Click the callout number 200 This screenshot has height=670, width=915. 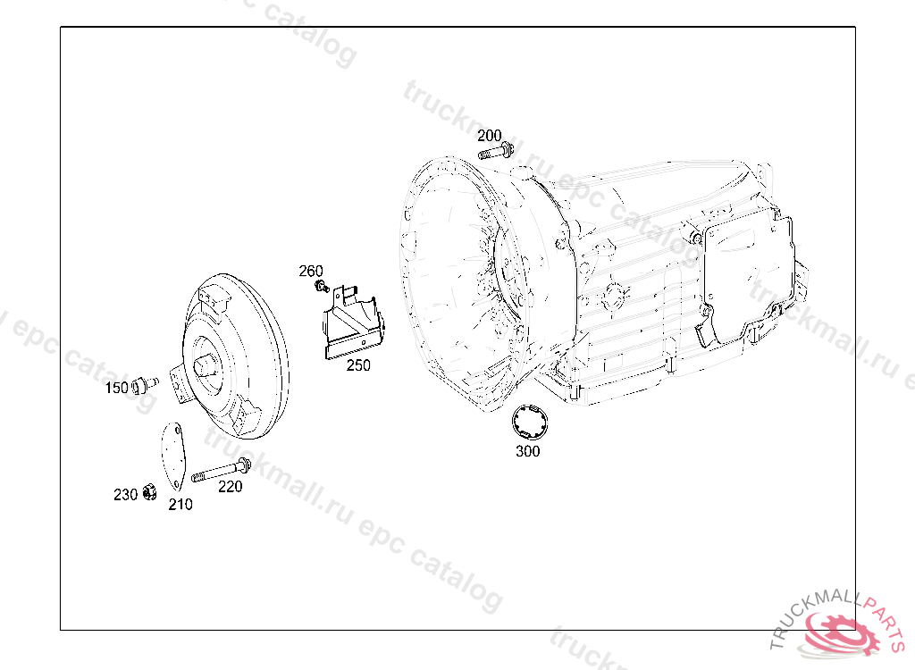[489, 136]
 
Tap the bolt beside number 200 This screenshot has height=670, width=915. [495, 152]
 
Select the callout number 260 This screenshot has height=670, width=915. [310, 271]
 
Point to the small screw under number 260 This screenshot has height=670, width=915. [322, 286]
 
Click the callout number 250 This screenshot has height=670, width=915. [358, 365]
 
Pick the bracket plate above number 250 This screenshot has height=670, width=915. [354, 323]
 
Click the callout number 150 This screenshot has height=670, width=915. [117, 388]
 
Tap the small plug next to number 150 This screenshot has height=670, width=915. [145, 385]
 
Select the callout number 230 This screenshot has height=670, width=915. [125, 494]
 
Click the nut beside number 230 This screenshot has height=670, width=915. [149, 492]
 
